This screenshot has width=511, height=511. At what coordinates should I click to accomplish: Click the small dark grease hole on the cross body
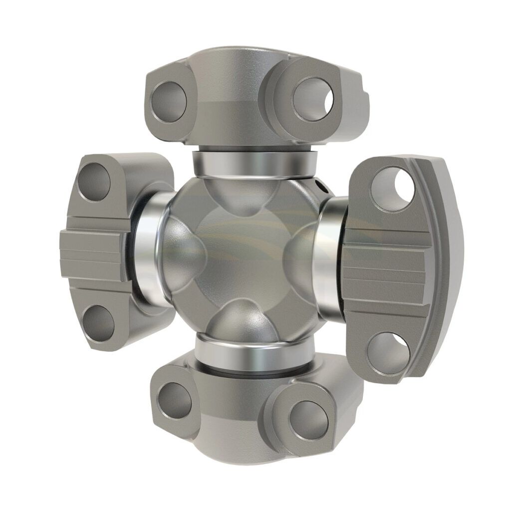click(x=320, y=188)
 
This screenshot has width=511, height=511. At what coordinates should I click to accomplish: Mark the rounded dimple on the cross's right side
click(x=299, y=259)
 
